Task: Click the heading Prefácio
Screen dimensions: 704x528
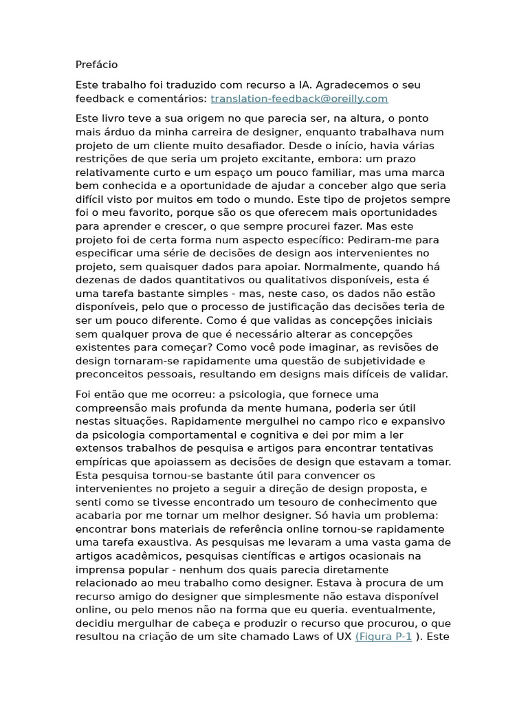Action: (96, 65)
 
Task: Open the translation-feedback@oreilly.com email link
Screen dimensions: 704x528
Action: (299, 98)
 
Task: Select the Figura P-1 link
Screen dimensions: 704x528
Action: (384, 637)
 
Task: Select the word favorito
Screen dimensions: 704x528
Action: (138, 212)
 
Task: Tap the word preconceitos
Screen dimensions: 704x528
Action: (110, 375)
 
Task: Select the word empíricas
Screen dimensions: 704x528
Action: (100, 462)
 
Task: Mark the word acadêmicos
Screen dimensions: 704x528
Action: (145, 555)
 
